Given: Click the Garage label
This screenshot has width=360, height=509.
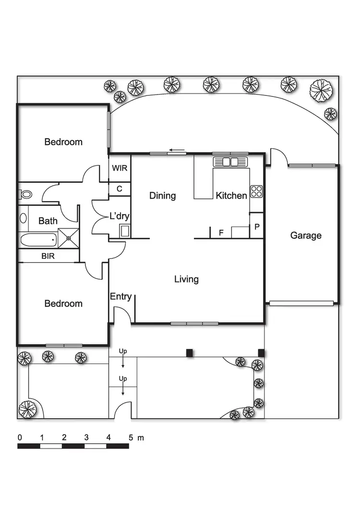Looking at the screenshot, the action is (306, 236).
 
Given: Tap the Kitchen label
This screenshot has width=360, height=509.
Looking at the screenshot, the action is (231, 195).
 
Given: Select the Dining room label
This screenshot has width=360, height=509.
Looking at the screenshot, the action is (162, 195).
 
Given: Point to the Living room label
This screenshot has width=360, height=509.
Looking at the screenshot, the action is (186, 279).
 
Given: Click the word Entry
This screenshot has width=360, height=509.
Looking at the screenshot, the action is (120, 296).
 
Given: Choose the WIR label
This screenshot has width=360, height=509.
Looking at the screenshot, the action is (119, 168).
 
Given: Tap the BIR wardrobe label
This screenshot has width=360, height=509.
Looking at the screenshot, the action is (48, 256).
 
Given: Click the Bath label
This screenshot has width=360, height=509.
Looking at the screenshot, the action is (48, 221).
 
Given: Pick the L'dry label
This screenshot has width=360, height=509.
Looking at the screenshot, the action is (120, 216).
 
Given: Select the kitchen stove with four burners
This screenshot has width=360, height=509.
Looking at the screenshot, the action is (256, 191).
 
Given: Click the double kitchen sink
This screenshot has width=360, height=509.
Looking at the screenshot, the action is (230, 162).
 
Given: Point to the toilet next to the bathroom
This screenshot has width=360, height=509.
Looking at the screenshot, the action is (25, 194).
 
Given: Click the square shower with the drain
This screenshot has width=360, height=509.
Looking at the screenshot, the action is (68, 237).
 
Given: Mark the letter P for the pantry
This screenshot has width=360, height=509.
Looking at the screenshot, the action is (257, 227).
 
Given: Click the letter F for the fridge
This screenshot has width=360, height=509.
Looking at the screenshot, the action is (221, 233).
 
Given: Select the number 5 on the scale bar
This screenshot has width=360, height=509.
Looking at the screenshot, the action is (130, 438).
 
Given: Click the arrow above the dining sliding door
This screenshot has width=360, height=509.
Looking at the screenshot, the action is (178, 150).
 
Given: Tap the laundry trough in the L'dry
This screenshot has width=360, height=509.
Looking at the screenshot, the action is (124, 231).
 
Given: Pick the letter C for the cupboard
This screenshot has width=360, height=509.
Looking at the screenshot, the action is (120, 189).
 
